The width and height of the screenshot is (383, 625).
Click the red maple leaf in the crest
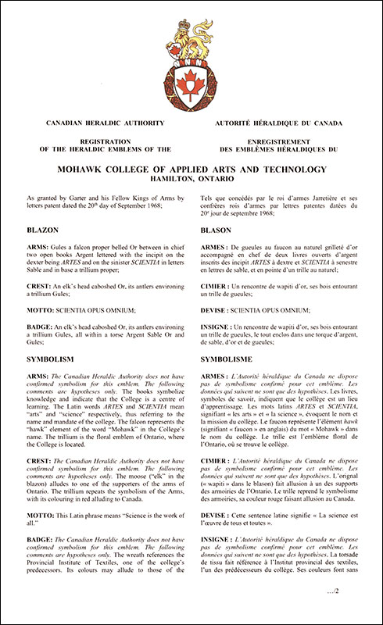[192, 79]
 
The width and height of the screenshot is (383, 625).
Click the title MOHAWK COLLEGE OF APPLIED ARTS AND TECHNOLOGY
[191, 169]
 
